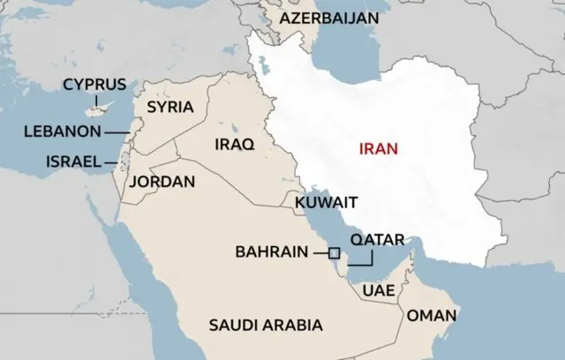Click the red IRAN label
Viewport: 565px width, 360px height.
[379, 149]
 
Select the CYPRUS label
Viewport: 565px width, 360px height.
[94, 86]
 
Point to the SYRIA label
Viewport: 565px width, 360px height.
[169, 108]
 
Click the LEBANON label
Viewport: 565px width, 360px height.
[62, 131]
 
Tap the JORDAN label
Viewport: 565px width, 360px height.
[162, 183]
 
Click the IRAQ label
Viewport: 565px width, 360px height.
[234, 144]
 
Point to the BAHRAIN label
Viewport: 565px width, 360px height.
[271, 252]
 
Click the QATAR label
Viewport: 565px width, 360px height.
[377, 239]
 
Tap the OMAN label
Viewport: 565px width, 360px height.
[432, 315]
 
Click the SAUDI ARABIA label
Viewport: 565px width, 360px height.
[265, 325]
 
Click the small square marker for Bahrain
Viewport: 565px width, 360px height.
[334, 253]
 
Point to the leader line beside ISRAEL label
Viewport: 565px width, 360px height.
[110, 163]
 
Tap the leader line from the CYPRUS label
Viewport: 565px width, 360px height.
[94, 101]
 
